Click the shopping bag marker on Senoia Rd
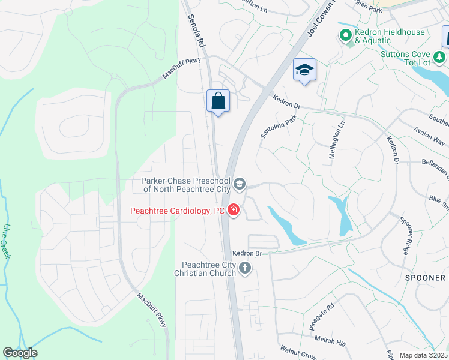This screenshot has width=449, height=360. (218, 100)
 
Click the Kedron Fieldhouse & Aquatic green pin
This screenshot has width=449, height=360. (345, 36)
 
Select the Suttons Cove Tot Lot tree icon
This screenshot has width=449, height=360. (440, 57)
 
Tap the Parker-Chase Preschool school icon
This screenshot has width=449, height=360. (240, 184)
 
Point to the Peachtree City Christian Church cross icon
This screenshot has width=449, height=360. (244, 268)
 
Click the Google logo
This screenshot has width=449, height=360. (20, 353)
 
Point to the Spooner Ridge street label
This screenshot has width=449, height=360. (404, 236)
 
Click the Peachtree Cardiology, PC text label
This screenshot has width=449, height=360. (177, 211)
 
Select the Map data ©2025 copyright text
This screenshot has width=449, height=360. (423, 355)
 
